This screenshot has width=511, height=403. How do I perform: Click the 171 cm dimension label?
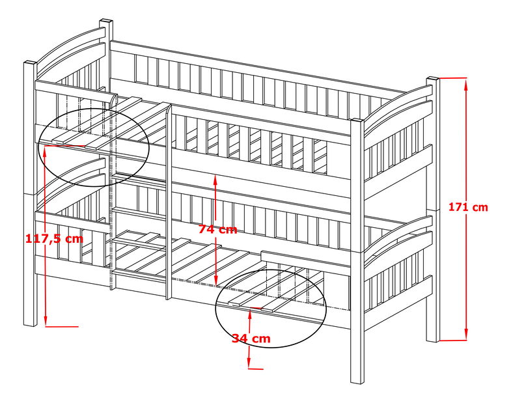tap(468, 207)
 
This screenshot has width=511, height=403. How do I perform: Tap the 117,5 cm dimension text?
tap(55, 239)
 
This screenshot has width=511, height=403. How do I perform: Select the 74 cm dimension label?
tap(217, 229)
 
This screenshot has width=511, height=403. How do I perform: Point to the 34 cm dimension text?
tap(251, 339)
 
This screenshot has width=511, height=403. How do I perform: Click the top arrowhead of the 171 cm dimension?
tap(466, 83)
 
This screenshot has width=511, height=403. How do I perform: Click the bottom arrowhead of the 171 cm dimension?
tap(466, 335)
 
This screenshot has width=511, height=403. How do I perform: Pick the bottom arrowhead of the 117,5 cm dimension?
tap(46, 320)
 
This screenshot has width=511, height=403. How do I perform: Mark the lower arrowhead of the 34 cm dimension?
tap(249, 363)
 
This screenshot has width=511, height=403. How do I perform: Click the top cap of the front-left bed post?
tap(31, 63)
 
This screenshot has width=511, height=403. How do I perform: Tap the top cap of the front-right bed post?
tap(357, 122)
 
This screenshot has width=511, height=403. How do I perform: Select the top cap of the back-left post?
tap(106, 21)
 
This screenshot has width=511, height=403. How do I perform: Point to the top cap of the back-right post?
tap(433, 79)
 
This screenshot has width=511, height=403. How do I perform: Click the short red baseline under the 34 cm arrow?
tap(256, 368)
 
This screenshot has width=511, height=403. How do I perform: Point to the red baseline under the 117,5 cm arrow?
tap(62, 326)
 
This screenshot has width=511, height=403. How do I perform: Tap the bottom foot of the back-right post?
tap(433, 340)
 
